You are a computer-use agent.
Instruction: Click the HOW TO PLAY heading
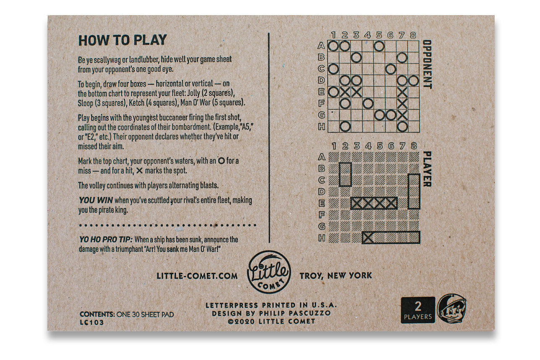(x=123, y=40)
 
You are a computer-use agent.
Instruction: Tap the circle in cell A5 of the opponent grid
(x=379, y=46)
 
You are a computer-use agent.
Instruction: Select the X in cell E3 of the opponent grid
(x=356, y=92)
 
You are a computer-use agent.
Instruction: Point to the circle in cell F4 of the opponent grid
(x=368, y=104)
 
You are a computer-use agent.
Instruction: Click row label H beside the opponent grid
(x=321, y=127)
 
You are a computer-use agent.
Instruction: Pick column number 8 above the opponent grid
(x=413, y=35)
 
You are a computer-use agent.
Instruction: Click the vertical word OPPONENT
(x=428, y=64)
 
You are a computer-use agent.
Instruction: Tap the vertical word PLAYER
(x=428, y=169)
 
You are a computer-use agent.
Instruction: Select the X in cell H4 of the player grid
(x=368, y=238)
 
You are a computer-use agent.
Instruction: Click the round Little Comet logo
(x=269, y=272)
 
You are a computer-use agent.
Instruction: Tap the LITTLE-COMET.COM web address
(x=197, y=276)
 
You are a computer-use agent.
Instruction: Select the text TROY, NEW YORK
(x=336, y=276)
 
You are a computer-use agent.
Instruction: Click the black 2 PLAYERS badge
(x=418, y=310)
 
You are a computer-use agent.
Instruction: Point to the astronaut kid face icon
(x=451, y=309)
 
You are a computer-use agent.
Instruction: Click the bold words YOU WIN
(x=96, y=200)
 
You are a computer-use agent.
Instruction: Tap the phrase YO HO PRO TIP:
(x=106, y=240)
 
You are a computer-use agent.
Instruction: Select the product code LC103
(x=92, y=322)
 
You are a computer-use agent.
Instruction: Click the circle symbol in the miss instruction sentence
(x=221, y=161)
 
